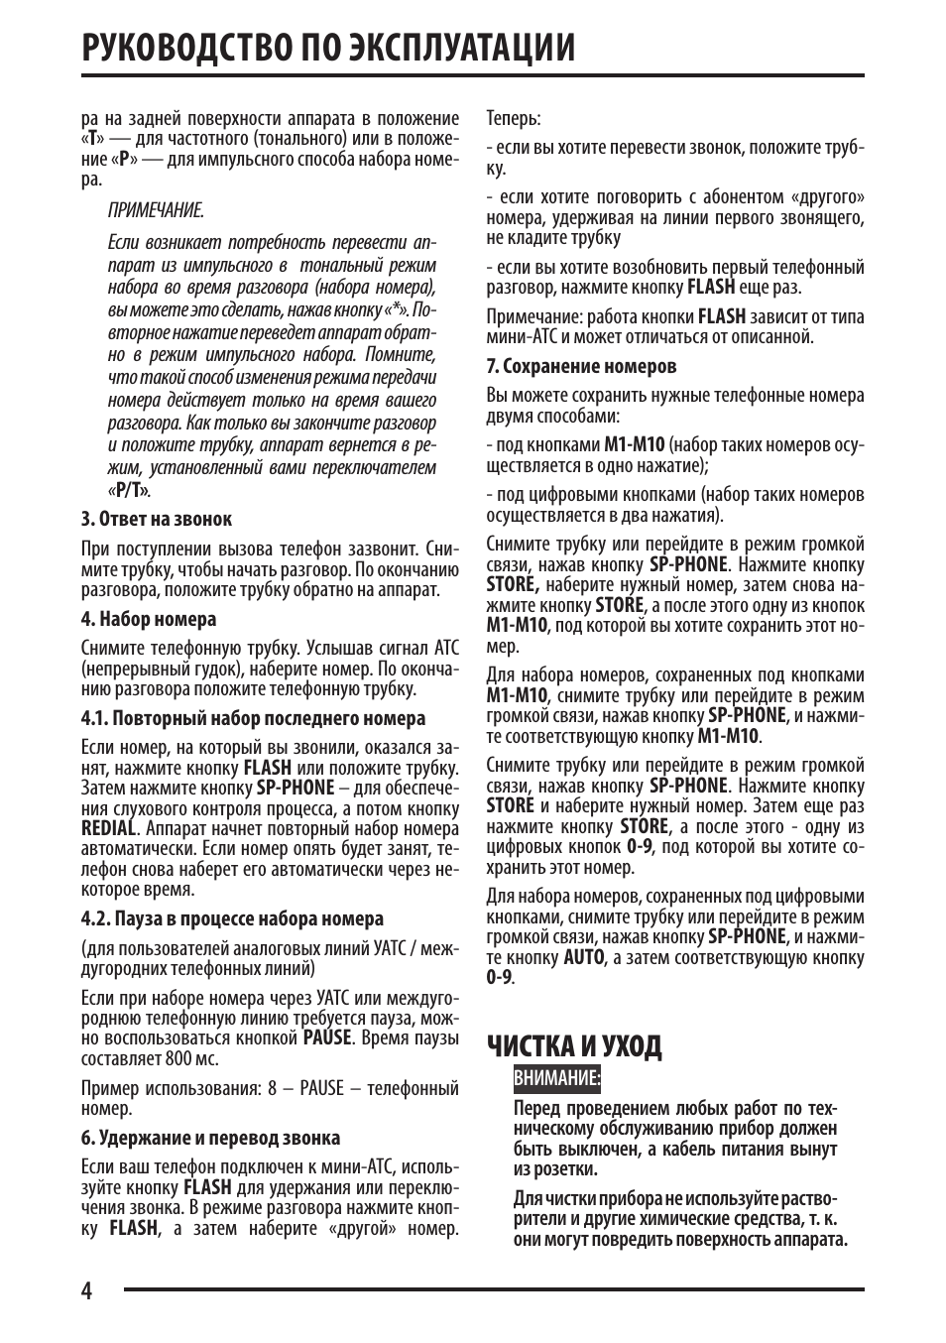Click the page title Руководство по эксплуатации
tap(328, 47)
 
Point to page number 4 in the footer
tap(87, 1291)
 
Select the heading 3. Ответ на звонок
tap(157, 519)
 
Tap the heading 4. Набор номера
tap(149, 619)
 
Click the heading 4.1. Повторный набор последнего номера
tap(253, 718)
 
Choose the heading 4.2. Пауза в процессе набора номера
tap(232, 918)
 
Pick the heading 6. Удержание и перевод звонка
tap(210, 1138)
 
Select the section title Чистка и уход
tap(574, 1046)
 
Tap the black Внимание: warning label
tap(557, 1078)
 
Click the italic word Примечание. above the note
tap(156, 210)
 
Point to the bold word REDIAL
tap(108, 828)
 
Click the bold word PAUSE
tap(327, 1038)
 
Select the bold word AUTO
tap(583, 957)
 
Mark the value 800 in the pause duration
tap(177, 1058)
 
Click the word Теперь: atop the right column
tap(513, 118)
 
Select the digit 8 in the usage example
tap(272, 1088)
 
